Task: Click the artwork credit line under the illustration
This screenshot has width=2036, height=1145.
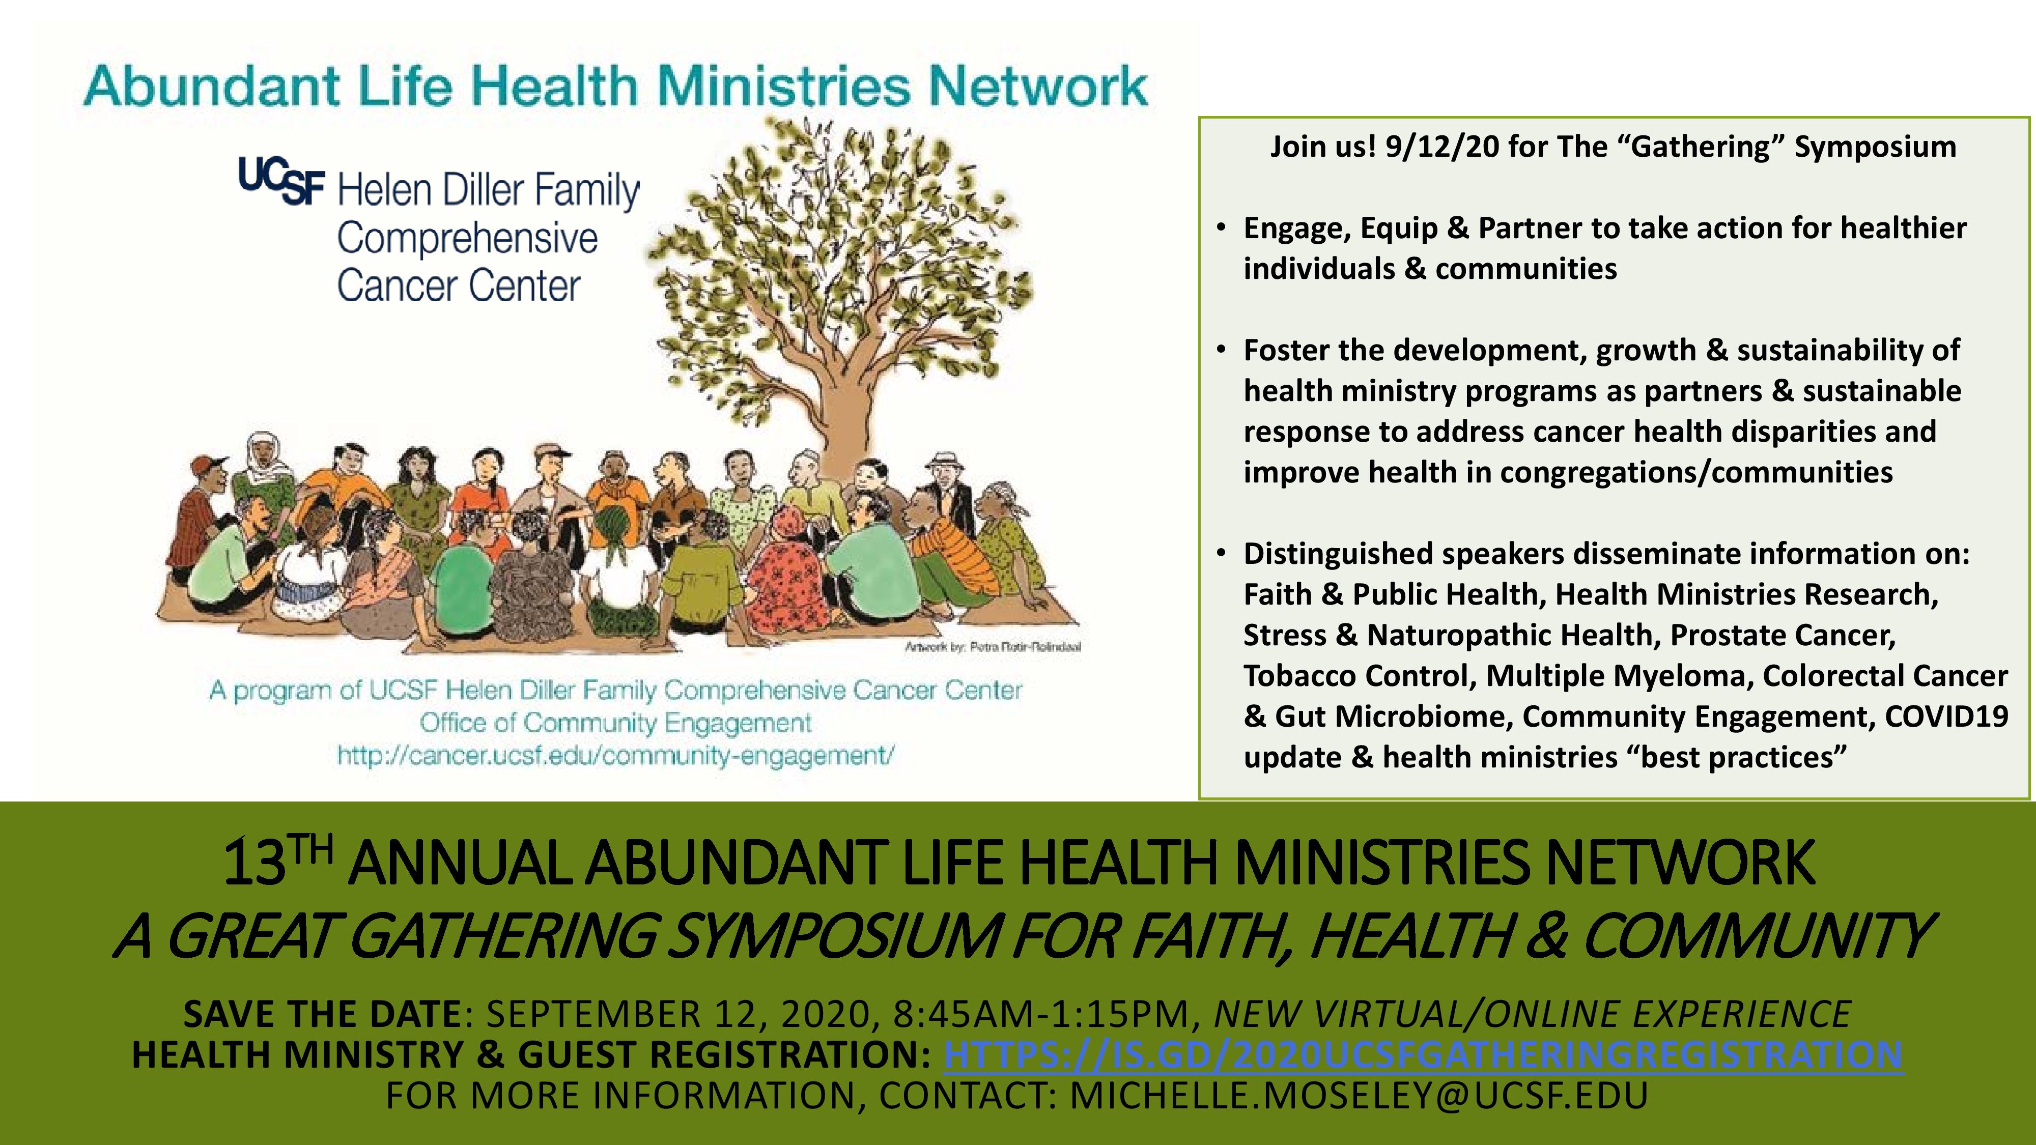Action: pos(993,646)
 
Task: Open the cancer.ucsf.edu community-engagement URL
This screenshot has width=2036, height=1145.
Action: pos(616,755)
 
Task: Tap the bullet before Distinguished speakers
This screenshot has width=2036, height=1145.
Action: pos(1222,553)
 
